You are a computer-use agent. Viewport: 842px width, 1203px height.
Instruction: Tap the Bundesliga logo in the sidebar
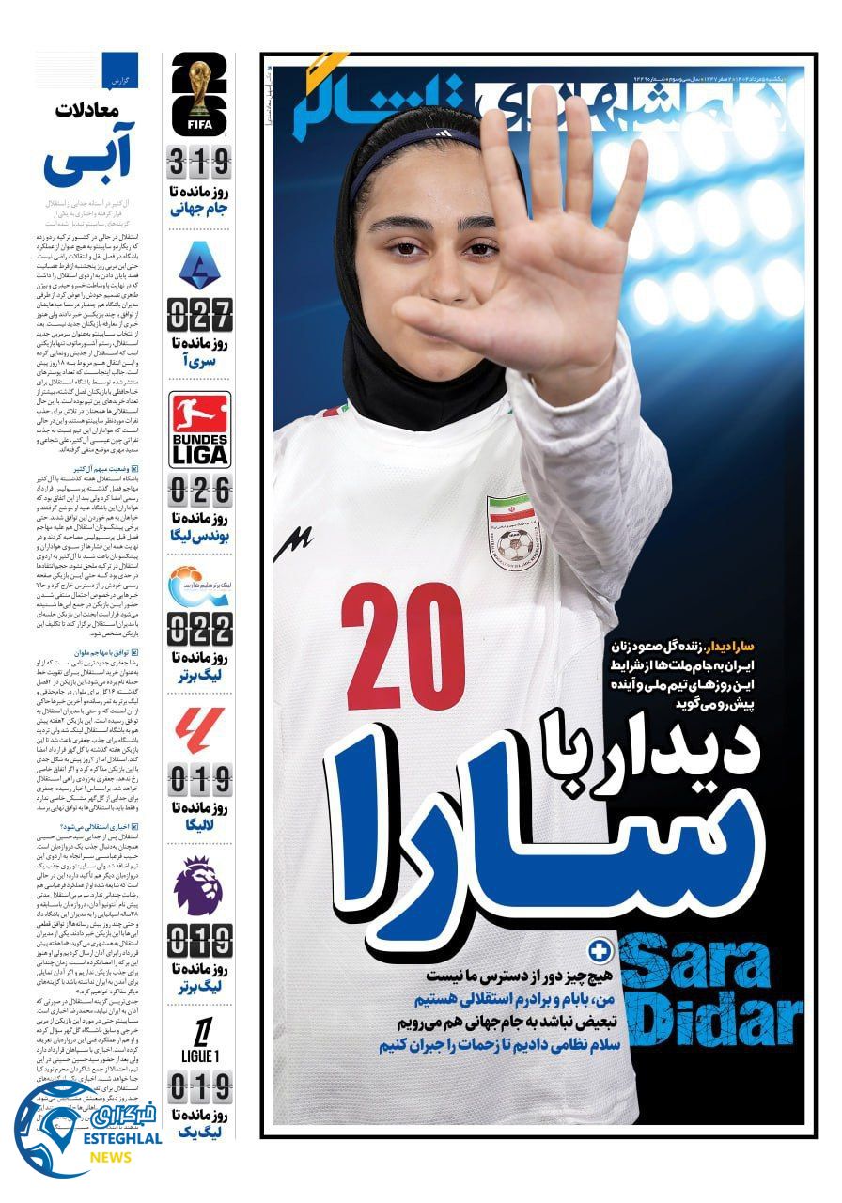point(199,430)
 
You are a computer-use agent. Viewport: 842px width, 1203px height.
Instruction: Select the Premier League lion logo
point(199,884)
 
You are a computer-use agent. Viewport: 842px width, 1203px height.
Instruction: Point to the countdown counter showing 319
point(199,164)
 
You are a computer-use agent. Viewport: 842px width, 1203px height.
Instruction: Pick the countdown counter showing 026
point(199,490)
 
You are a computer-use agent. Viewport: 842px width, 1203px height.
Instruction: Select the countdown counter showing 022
point(199,628)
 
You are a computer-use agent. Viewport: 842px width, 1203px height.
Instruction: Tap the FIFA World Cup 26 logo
point(199,94)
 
